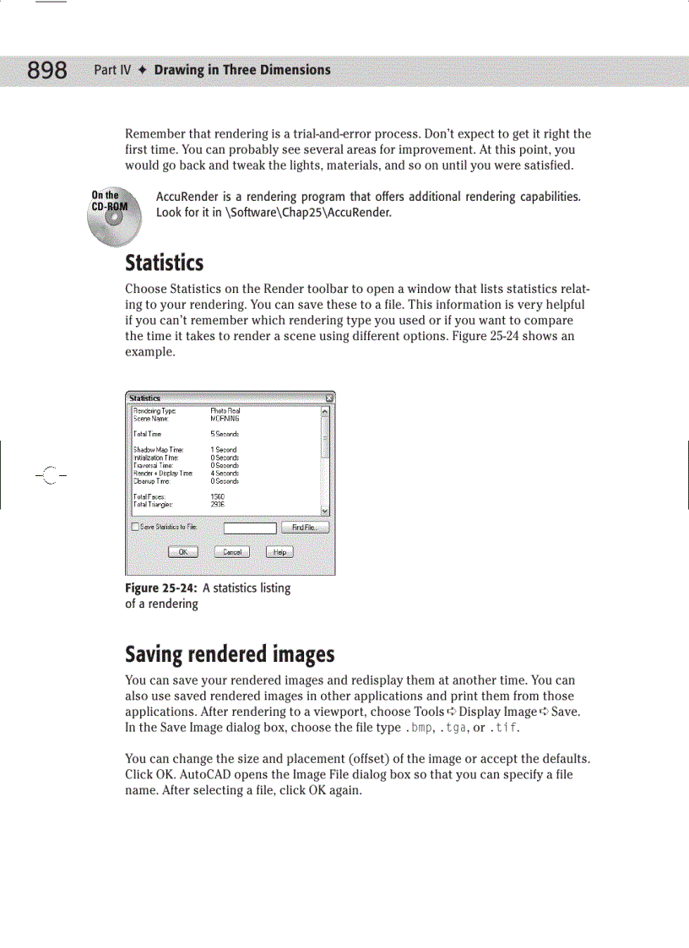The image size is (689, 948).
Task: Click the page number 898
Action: pos(47,70)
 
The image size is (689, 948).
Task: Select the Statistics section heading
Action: pos(164,263)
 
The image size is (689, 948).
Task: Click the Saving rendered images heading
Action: pos(230,654)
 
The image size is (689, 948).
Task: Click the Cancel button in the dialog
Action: pos(231,552)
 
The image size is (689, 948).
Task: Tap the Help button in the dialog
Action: pos(279,552)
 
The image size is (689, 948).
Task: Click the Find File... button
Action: pos(305,528)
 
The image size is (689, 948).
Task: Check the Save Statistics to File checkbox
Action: pos(135,528)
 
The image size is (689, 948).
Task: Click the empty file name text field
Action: pos(250,528)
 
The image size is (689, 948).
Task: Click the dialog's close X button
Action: pos(329,398)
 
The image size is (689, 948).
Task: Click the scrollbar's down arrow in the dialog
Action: pos(325,512)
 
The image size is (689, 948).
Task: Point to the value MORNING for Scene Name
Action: pos(225,418)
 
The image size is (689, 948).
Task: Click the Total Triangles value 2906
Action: pos(217,503)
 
